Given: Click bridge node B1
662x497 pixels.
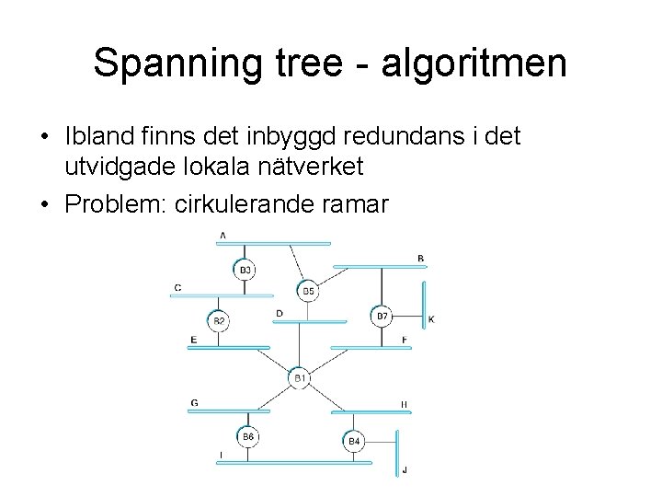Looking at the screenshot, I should [299, 377].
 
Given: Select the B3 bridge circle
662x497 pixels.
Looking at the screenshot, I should [245, 270].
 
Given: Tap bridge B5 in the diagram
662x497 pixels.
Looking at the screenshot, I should [308, 291].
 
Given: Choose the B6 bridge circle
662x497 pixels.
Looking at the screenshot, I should [245, 437].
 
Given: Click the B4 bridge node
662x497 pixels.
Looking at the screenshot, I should [355, 442].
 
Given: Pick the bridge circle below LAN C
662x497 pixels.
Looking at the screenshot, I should [219, 320].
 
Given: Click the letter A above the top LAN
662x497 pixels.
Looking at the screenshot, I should [223, 237].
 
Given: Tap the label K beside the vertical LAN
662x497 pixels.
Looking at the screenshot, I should [431, 319].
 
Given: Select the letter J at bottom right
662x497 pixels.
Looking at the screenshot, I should [405, 470].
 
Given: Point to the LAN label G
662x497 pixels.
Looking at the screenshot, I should [194, 403].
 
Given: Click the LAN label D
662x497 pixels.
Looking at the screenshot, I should [280, 314].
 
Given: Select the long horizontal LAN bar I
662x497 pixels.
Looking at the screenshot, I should [294, 462].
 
